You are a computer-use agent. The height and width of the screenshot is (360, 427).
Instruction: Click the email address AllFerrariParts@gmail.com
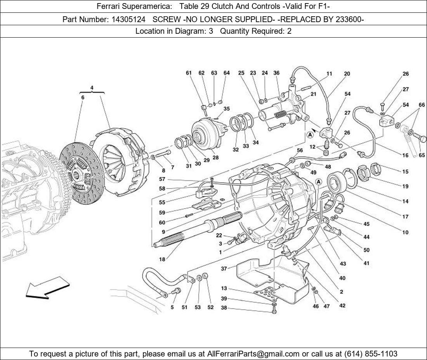253,353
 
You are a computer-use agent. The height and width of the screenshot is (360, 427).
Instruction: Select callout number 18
162,259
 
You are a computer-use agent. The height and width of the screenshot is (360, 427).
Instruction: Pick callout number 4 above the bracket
92,88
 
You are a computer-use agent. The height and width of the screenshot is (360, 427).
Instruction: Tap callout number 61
189,73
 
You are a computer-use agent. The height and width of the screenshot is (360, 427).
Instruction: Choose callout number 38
224,308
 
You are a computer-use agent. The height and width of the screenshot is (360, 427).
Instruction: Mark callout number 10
405,232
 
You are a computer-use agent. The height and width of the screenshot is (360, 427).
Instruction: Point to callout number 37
224,268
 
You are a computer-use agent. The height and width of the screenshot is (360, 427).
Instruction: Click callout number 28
215,158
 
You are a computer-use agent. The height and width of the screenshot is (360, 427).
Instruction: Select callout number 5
172,307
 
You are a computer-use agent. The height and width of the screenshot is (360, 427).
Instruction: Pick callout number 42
342,305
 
